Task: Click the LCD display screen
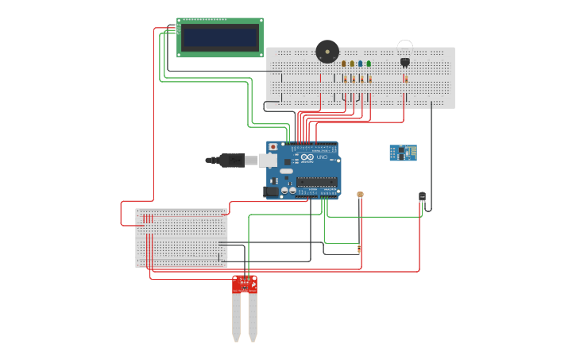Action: coord(220,37)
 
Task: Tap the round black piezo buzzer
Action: coord(327,52)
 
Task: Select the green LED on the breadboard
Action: coord(369,64)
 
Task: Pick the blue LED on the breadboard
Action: coord(360,64)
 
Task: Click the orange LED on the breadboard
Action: coord(344,64)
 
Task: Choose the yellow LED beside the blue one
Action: coord(352,64)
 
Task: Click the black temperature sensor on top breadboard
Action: coord(405,61)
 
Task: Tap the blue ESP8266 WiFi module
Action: coord(403,153)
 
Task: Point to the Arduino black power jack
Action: coord(271,191)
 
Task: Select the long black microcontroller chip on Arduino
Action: coord(317,182)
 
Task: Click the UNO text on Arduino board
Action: coord(322,157)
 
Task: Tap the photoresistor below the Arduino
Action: coord(360,194)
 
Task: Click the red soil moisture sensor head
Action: coord(245,284)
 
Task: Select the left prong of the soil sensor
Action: coord(236,316)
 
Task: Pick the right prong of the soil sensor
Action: coord(253,316)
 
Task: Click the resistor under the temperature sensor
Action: coord(406,79)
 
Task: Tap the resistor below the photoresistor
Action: coord(359,250)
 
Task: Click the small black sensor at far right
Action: coord(422,196)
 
